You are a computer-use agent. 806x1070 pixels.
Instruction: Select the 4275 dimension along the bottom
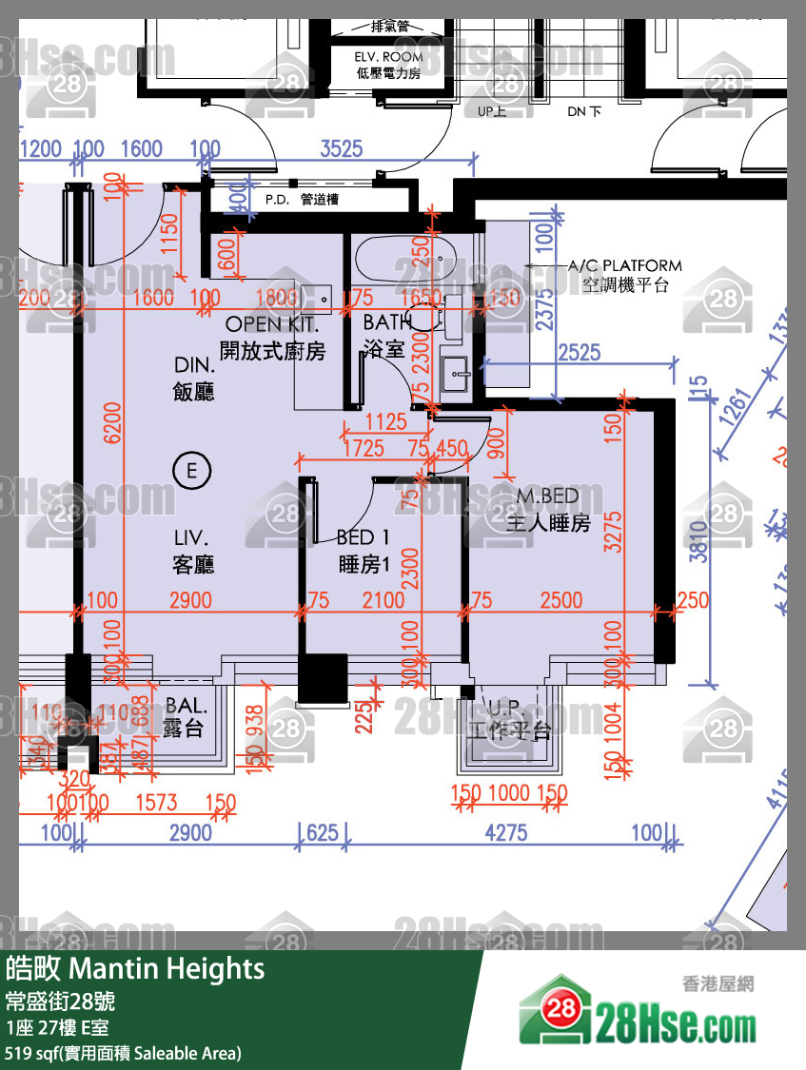pos(505,833)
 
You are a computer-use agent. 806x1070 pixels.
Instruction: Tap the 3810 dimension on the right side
pos(698,542)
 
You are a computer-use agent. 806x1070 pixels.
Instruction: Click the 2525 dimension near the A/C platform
pos(580,353)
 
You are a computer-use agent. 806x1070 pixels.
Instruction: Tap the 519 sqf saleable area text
pos(123,1053)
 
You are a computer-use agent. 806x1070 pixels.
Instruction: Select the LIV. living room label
pos(193,552)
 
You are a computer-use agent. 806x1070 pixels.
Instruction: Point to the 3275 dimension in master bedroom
pos(612,533)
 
